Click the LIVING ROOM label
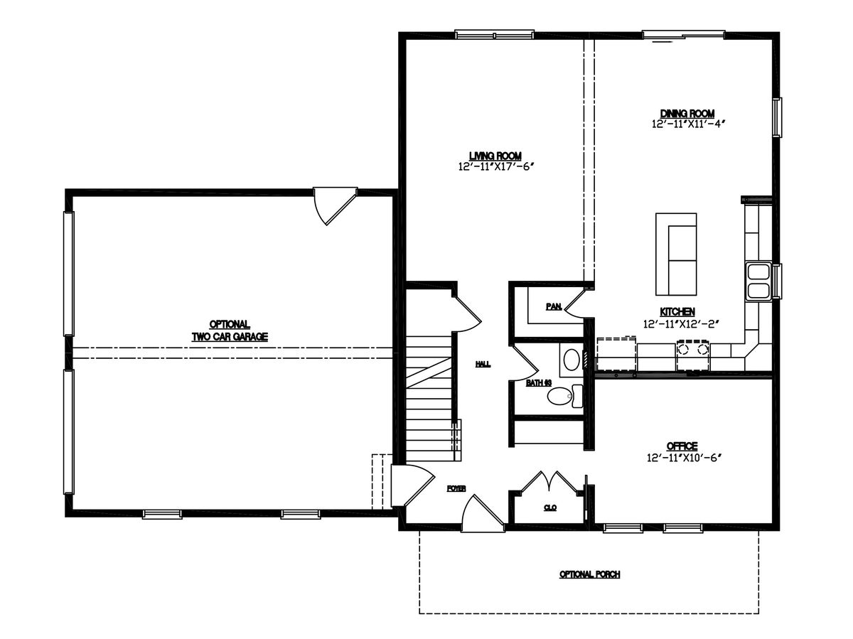click(x=495, y=156)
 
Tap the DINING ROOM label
click(x=687, y=114)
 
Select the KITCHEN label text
click(x=677, y=311)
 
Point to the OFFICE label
click(x=682, y=446)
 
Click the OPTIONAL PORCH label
click(x=589, y=574)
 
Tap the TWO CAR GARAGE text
click(x=230, y=336)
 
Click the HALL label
click(x=483, y=364)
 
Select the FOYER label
click(x=456, y=489)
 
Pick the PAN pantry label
click(x=554, y=306)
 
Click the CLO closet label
click(x=551, y=508)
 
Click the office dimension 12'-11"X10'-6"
click(x=684, y=458)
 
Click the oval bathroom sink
click(x=572, y=360)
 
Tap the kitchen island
click(x=676, y=254)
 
